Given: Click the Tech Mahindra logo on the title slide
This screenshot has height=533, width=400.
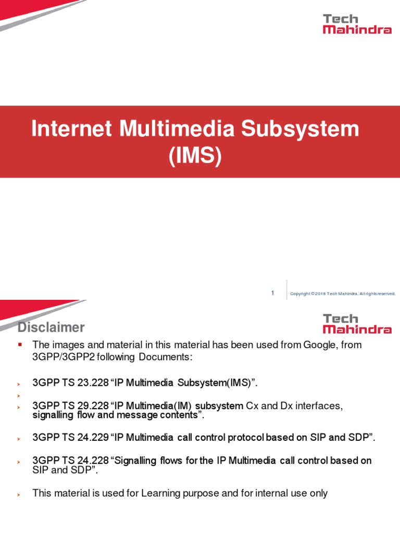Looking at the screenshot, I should [x=357, y=24].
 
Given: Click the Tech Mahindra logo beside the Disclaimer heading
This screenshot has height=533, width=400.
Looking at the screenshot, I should [x=357, y=323].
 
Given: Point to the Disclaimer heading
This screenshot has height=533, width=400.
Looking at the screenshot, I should [x=51, y=327].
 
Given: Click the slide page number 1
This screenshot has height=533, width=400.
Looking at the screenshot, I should [x=272, y=294].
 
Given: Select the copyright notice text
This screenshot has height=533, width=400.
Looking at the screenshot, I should [x=343, y=294].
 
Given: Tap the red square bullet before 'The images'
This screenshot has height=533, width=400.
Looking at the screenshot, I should [x=20, y=345].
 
